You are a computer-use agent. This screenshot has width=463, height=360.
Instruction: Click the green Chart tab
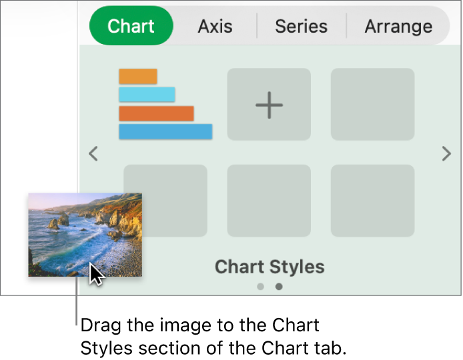[131, 26]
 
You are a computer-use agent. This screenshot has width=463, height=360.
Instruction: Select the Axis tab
[215, 27]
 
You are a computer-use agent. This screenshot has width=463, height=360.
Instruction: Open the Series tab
[301, 27]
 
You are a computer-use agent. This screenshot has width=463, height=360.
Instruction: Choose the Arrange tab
[398, 27]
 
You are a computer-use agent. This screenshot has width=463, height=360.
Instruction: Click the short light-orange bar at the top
[137, 77]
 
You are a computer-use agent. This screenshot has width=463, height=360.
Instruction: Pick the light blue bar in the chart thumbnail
[147, 95]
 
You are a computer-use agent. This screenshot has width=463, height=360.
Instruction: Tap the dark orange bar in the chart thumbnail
[156, 113]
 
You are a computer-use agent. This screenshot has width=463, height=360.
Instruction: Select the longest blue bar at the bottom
[165, 131]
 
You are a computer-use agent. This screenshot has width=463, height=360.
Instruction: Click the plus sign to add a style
[269, 105]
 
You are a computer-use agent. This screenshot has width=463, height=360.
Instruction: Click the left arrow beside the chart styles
[93, 154]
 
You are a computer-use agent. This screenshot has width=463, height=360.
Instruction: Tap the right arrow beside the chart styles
[446, 154]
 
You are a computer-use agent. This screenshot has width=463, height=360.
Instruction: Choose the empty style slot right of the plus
[372, 105]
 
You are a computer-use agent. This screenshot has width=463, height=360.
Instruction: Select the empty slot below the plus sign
[269, 201]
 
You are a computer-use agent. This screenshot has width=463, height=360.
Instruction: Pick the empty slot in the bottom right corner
[372, 201]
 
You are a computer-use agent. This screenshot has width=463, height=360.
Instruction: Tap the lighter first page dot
[260, 287]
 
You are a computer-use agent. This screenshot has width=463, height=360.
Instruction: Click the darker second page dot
[279, 287]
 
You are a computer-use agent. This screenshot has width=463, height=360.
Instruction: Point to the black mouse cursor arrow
[96, 273]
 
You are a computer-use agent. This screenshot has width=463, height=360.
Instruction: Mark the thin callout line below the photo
[77, 303]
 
